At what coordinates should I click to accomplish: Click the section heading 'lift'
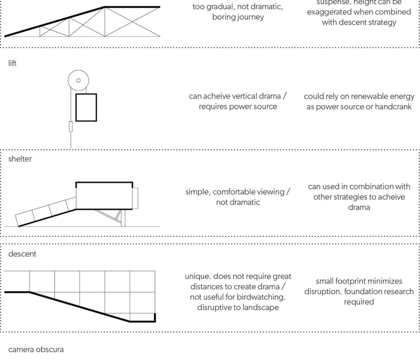13,63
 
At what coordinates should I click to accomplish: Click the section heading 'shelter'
20,159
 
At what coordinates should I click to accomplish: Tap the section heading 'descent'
22,254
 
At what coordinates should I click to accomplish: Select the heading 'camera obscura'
36,349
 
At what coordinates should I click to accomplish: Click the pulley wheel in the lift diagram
78,81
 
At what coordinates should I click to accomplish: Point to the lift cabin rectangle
86,107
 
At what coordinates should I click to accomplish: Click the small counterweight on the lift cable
71,127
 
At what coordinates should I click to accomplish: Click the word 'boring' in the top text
225,17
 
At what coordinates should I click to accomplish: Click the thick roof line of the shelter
104,182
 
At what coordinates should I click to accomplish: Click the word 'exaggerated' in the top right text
330,12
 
